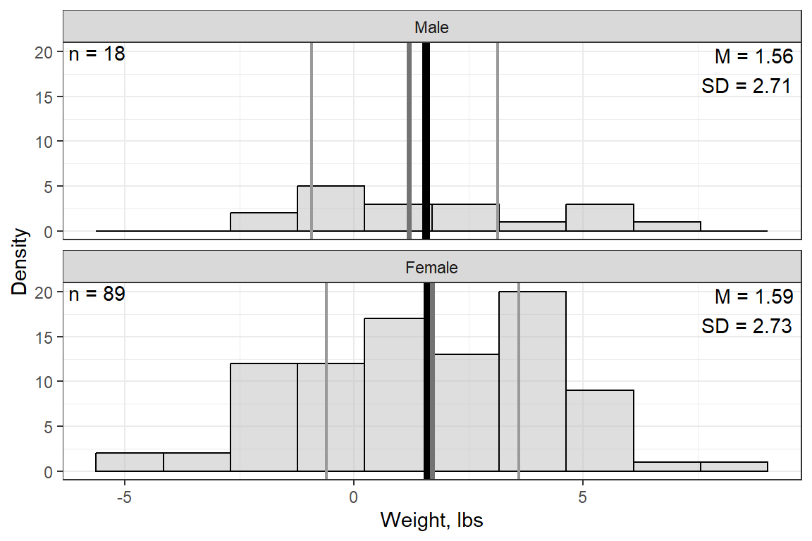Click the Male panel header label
coord(431,28)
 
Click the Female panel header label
coord(431,268)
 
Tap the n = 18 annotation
coord(97,54)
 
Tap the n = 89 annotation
coord(97,294)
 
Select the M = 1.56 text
coord(754,57)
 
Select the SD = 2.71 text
coord(746,87)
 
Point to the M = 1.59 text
coord(754,297)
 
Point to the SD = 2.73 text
coord(746,327)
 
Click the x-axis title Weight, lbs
coord(431,521)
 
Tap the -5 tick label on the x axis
coord(124,495)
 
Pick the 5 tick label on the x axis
coord(583,495)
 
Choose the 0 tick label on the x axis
coord(354,495)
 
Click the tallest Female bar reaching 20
coord(532,381)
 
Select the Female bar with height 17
coord(395,394)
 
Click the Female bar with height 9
coord(599,430)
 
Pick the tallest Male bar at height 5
coord(331,209)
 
